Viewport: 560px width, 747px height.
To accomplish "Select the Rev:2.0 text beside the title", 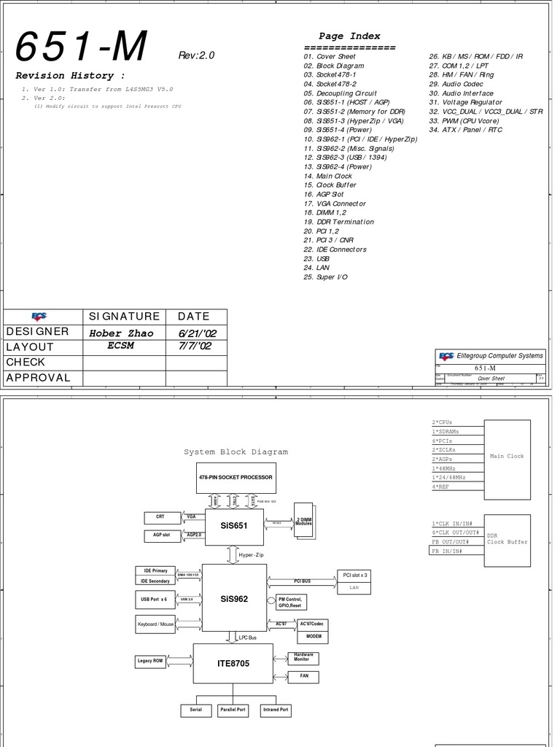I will pos(196,55).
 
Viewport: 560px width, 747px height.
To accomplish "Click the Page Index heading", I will pos(349,36).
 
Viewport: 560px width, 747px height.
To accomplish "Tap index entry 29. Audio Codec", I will pos(456,84).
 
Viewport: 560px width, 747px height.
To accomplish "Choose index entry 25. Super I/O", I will pos(326,277).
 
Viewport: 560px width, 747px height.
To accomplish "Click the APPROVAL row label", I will pos(39,378).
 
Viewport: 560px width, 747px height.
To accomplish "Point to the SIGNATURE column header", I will pos(124,317).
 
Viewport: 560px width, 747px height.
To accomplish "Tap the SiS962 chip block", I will pos(234,598).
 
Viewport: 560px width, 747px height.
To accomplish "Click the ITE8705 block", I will pos(233,663).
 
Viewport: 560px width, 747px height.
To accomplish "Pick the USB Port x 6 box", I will pos(154,599).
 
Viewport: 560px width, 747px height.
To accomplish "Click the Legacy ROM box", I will pos(150,661).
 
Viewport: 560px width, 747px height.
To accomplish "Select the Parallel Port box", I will pos(233,710).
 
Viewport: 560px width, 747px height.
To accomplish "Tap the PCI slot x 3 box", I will pos(354,575).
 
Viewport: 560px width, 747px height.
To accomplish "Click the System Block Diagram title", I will pos(236,452).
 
